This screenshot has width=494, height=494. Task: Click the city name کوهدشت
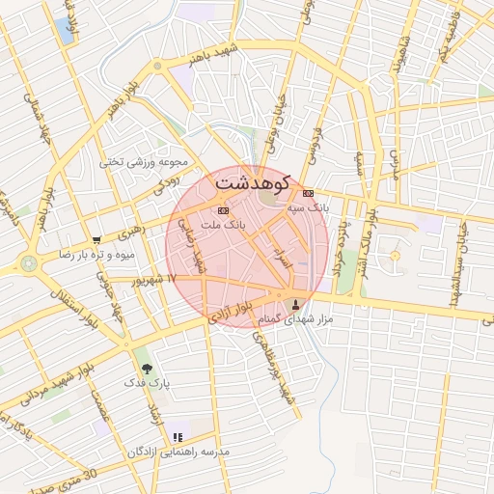coord(253,180)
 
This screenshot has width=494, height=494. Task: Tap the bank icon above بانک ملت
coord(224,209)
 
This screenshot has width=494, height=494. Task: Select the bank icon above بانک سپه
coord(308,193)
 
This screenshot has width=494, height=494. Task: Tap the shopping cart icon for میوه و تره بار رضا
coord(96,240)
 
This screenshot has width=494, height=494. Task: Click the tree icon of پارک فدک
coord(147,368)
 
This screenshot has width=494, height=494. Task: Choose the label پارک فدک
coord(147,383)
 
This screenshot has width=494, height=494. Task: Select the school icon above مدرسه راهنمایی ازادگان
coord(177,437)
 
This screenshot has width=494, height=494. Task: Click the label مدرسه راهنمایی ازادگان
coord(178,452)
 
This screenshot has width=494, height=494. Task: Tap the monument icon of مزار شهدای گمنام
coord(295,304)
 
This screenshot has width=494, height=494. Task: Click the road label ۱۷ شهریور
coord(159,279)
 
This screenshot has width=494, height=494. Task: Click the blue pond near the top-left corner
coord(66,31)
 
